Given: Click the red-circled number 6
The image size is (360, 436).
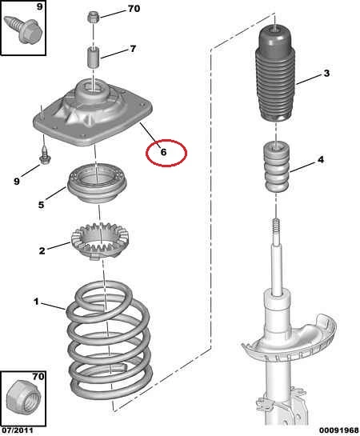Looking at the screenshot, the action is [x=163, y=152].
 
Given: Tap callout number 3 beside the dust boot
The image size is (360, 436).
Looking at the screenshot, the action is [x=326, y=73].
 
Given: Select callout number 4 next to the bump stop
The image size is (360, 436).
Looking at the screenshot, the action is [x=321, y=160].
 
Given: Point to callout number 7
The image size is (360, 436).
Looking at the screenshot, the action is [x=133, y=49].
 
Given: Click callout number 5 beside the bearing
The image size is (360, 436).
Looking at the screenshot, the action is [x=41, y=205].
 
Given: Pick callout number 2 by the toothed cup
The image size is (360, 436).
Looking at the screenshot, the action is [x=42, y=251].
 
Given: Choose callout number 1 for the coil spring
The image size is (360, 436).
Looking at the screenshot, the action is [x=36, y=302].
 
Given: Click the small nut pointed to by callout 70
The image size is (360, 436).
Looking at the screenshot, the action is [x=92, y=18].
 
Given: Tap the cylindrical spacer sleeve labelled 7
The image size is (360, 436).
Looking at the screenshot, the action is [x=94, y=58].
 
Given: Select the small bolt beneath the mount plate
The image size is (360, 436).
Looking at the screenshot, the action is [x=45, y=157].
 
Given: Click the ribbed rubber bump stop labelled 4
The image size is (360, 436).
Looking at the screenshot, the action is [x=276, y=166].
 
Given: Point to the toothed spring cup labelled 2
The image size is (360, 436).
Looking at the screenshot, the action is [x=100, y=241].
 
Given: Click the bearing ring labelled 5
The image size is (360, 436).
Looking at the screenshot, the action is [x=97, y=183].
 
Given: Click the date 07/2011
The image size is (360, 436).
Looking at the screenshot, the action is [x=17, y=430].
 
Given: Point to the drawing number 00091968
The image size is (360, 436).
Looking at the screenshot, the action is [x=338, y=430].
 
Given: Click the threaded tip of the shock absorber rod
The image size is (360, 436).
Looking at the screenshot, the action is [x=276, y=225].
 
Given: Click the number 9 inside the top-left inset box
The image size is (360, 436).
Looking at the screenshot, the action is [x=40, y=6].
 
